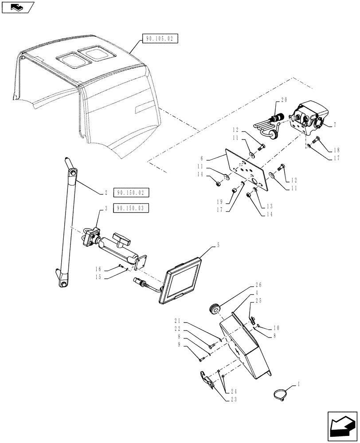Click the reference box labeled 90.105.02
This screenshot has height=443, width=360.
[160, 39]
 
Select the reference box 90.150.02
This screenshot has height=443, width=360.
[131, 193]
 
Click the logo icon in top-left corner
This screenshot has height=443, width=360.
[16, 6]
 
